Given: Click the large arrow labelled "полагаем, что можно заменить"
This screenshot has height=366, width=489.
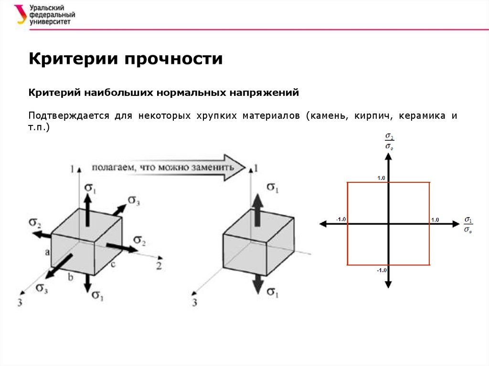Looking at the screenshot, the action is pos(167,167).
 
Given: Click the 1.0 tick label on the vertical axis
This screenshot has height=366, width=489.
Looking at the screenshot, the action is pos(381,178).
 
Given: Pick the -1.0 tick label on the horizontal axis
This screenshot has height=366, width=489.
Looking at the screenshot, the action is pos(340,219).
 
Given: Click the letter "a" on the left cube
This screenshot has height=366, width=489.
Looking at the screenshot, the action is pos(47,252).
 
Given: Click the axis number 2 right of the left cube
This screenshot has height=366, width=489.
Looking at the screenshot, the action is pos(159,266).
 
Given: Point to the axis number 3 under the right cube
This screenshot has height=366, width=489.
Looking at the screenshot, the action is pos(195,302).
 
